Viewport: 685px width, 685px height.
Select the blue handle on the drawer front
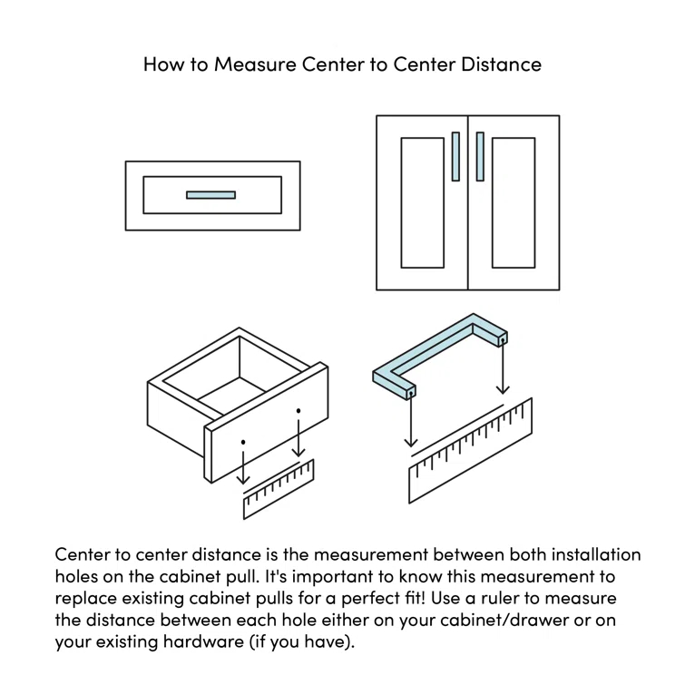[x=210, y=194]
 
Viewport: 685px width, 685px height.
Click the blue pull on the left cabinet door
[x=455, y=156]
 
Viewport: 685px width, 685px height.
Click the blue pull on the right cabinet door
[x=480, y=156]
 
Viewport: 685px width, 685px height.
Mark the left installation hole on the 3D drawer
[x=243, y=442]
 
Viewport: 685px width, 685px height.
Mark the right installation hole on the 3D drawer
[x=298, y=411]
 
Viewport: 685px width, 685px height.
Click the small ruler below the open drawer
[x=279, y=491]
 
